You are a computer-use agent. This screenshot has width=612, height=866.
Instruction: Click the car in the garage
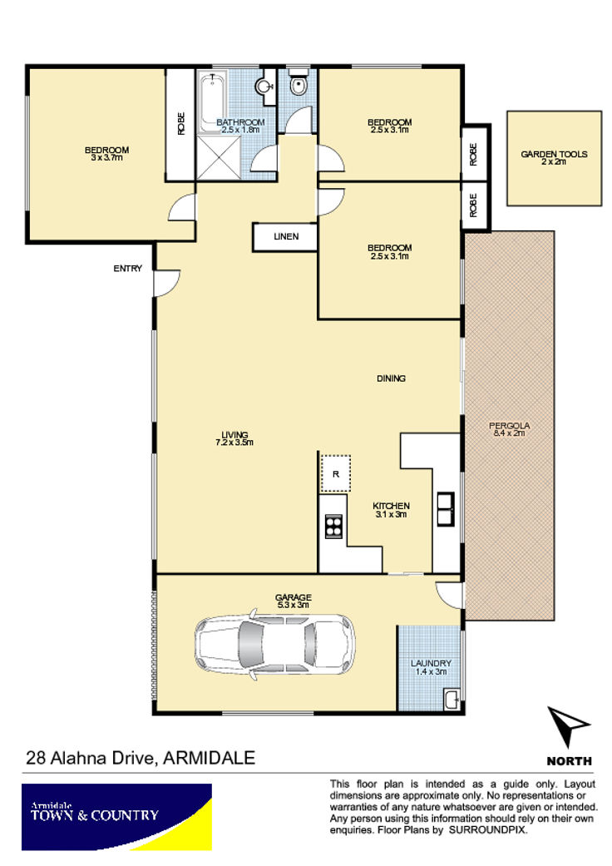coord(274,643)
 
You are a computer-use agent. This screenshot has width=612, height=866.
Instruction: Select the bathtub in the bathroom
coord(212,101)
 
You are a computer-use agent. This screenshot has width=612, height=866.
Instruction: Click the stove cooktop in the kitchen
coord(333,526)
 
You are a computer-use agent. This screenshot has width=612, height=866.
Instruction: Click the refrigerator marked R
coord(336,473)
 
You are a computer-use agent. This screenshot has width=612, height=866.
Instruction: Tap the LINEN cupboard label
coord(286,236)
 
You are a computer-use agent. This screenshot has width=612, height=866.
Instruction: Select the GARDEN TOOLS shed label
coord(554,154)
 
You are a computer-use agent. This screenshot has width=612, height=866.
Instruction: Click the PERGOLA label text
coord(509,425)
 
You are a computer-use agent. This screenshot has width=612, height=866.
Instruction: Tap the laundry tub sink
coord(452,700)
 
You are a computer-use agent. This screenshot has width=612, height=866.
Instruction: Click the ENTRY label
coord(127,269)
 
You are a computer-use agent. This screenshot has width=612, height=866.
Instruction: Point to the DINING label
coord(391,379)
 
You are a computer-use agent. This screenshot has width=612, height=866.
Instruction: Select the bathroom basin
coord(264,87)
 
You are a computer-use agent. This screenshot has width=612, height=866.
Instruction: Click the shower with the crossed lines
coord(219,157)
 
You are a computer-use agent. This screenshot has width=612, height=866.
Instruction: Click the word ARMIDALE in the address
coord(210,758)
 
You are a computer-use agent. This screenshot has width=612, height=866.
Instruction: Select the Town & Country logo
coord(116,817)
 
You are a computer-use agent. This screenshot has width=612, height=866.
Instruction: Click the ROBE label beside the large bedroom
coord(181,124)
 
